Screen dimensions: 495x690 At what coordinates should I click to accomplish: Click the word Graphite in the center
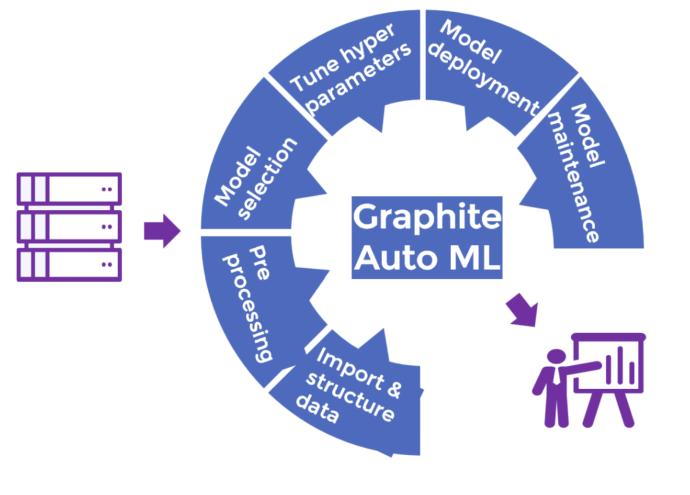click(427, 217)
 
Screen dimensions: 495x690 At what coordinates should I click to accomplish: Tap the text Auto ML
click(427, 257)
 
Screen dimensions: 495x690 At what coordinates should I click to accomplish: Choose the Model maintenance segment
click(579, 175)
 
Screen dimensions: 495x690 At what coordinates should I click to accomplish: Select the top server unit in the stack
click(69, 189)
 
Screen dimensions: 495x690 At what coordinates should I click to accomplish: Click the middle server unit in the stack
click(69, 227)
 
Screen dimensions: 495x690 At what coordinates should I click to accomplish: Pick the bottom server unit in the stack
click(69, 265)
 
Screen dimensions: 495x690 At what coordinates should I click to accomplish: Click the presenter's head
click(556, 357)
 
